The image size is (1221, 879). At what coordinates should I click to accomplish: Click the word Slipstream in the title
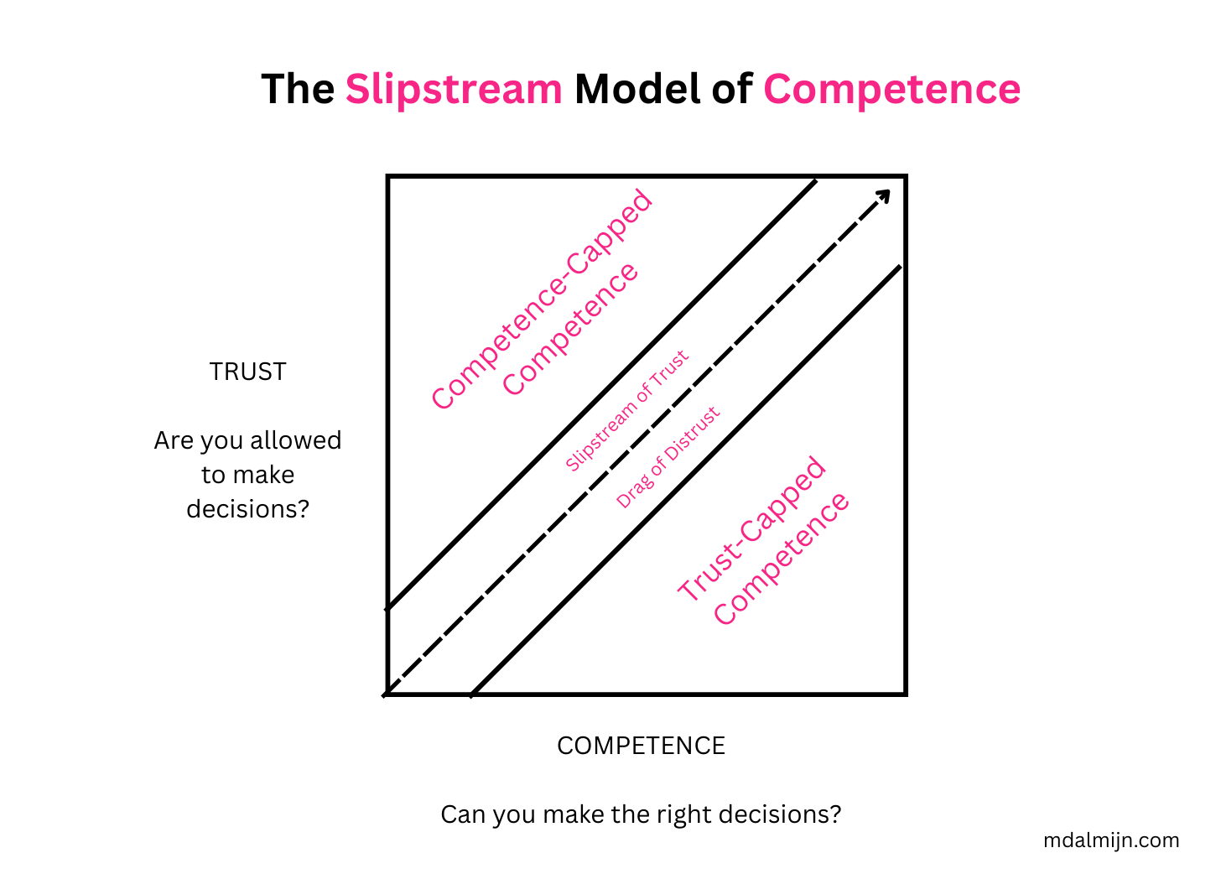453,89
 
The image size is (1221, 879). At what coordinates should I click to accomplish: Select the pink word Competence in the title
891,89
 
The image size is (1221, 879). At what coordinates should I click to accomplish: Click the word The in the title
298,89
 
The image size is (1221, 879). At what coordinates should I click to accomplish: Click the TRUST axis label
247,372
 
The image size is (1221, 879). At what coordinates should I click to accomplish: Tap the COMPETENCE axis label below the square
641,746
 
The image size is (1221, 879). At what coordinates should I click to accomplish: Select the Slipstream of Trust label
626,410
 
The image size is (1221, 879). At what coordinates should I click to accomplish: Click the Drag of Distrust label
668,458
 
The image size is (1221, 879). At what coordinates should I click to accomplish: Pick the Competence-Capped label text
541,299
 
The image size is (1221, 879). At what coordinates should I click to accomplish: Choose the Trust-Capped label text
751,529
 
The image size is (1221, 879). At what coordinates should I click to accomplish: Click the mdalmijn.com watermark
1111,840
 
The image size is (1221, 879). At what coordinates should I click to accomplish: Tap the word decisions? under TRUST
247,509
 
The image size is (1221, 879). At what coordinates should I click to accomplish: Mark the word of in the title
732,89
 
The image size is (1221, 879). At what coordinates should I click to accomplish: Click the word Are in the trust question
174,440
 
